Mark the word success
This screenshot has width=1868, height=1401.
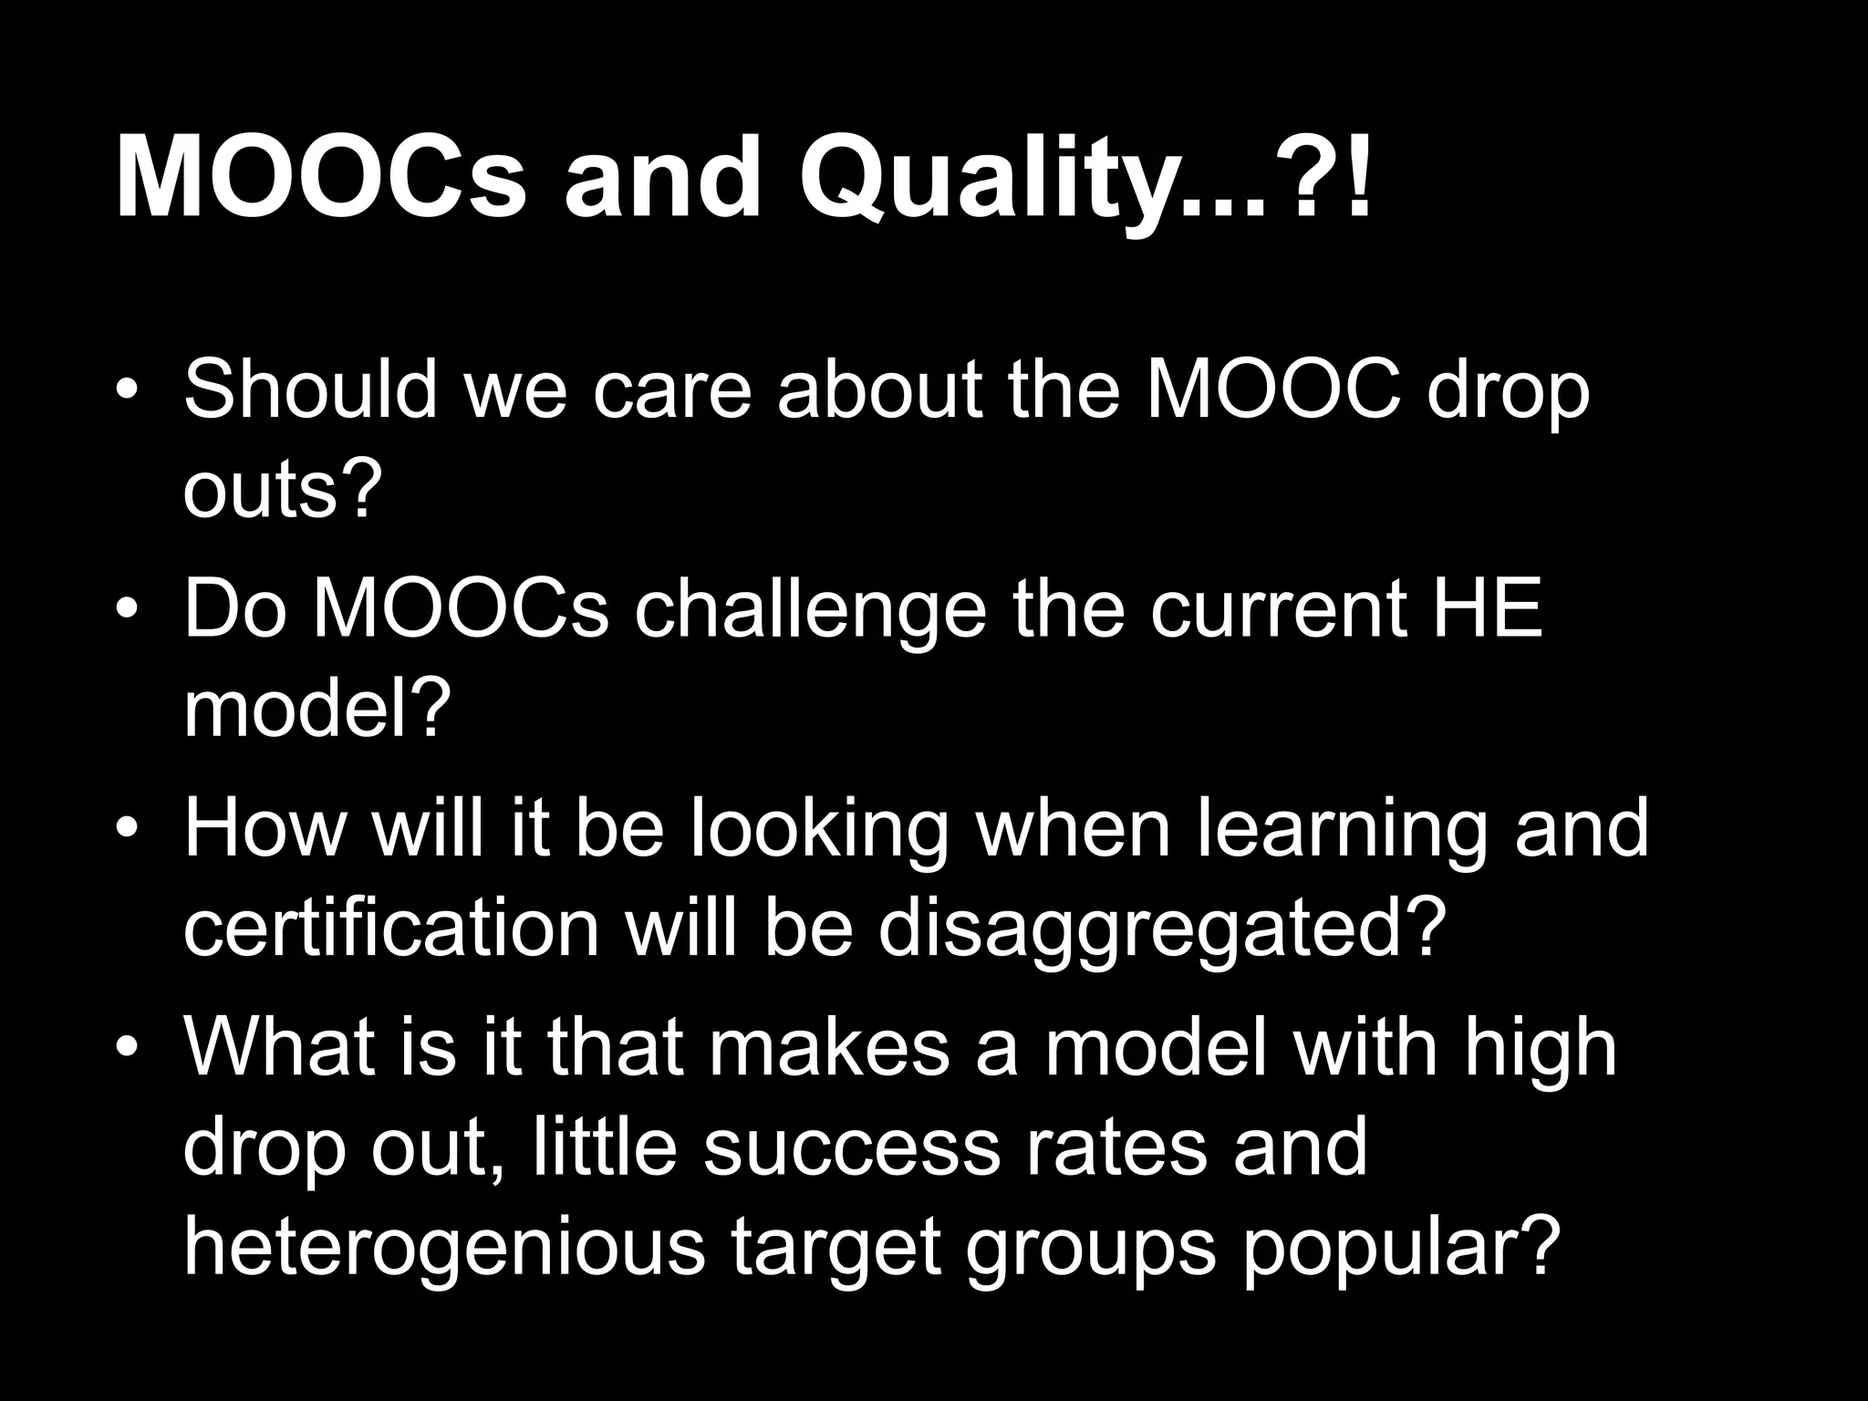(852, 1148)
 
